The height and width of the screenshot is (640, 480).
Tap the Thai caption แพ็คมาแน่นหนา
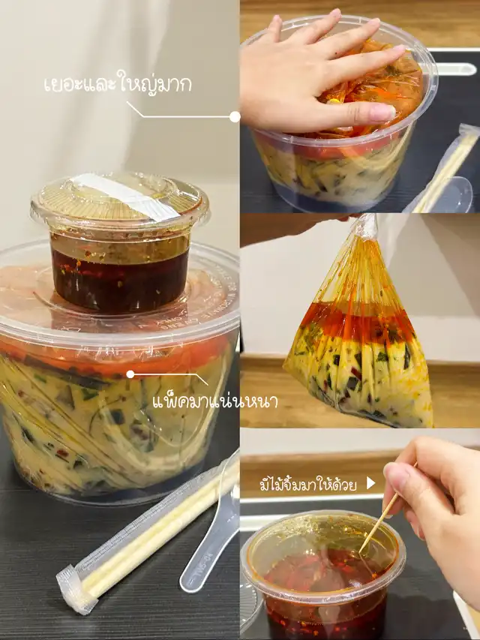point(215,401)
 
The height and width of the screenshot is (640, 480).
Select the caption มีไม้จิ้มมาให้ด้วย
point(308,485)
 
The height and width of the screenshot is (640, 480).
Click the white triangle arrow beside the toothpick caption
point(370,483)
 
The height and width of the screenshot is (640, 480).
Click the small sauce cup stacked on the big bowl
point(119,243)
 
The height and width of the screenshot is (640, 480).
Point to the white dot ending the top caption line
point(235,117)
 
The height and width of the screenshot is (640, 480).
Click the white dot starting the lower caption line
point(130,374)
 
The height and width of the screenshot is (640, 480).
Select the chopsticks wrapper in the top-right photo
point(442,170)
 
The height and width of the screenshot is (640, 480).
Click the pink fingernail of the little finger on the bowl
point(382,113)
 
